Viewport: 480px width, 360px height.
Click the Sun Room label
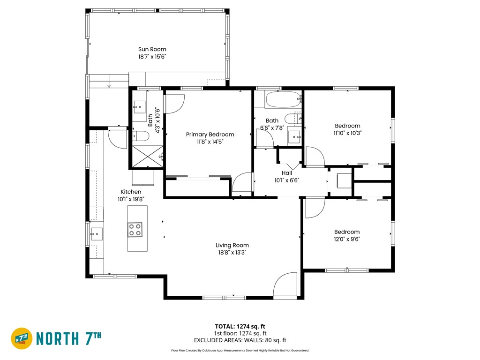(152, 49)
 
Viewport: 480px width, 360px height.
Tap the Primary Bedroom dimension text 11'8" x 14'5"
(210, 142)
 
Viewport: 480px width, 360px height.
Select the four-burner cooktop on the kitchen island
(135, 230)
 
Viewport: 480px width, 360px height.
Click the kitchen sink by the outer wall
(97, 234)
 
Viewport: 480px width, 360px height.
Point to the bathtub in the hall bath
(283, 99)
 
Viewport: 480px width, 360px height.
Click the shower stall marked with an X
(148, 157)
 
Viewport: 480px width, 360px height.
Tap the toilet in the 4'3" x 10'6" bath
(141, 135)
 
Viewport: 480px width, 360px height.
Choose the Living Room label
(232, 245)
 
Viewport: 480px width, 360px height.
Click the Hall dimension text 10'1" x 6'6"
(286, 180)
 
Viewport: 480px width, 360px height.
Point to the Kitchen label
(131, 192)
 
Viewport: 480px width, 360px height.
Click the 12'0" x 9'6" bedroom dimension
(347, 239)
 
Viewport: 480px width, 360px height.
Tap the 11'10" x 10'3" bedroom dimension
(347, 133)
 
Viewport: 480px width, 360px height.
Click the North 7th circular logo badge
(22, 338)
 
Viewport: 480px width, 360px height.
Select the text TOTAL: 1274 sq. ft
(240, 326)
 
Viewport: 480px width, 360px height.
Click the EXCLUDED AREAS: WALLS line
(240, 340)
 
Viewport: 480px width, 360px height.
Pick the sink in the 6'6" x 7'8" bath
(295, 137)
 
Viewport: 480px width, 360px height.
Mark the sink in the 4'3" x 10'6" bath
(139, 107)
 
